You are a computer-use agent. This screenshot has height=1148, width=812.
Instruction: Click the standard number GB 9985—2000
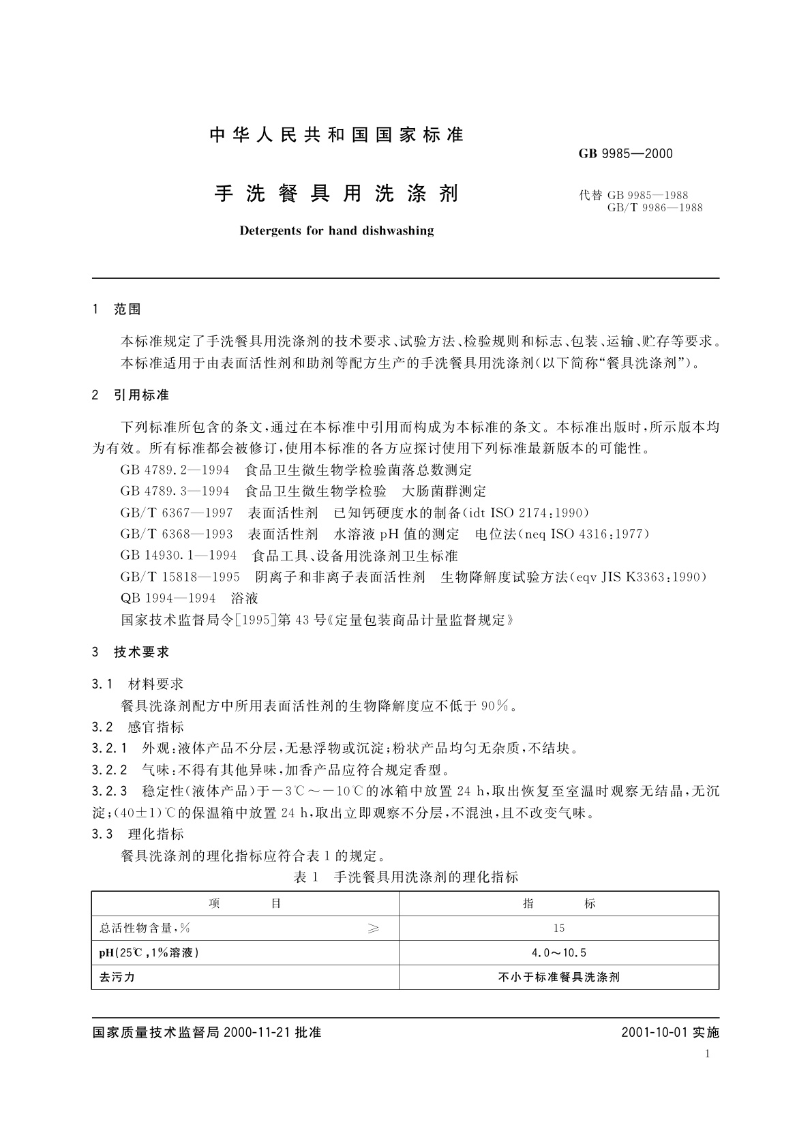pyautogui.click(x=625, y=153)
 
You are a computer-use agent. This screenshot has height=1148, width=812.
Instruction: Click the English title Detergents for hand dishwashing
pyautogui.click(x=337, y=230)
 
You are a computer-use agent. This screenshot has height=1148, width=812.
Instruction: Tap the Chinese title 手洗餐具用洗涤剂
pyautogui.click(x=337, y=194)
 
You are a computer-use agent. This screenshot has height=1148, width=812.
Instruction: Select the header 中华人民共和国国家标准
pyautogui.click(x=337, y=135)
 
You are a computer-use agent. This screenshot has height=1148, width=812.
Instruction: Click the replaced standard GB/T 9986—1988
pyautogui.click(x=655, y=207)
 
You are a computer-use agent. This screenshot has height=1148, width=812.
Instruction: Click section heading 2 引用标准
pyautogui.click(x=130, y=395)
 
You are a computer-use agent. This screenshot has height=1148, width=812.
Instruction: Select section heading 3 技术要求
pyautogui.click(x=130, y=652)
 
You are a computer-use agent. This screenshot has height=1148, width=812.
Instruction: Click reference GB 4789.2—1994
pyautogui.click(x=175, y=470)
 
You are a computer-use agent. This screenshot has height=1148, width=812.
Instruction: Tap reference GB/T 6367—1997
pyautogui.click(x=177, y=513)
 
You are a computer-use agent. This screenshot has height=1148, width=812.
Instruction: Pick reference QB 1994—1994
pyautogui.click(x=168, y=598)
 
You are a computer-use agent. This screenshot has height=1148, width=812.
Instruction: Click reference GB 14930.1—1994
pyautogui.click(x=178, y=556)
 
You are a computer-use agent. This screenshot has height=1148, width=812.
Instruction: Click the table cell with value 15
pyautogui.click(x=559, y=928)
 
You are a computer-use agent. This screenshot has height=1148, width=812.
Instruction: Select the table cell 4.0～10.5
pyautogui.click(x=559, y=952)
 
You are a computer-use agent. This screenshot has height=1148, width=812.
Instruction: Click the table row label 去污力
pyautogui.click(x=117, y=977)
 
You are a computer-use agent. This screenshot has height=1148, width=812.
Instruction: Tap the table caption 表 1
pyautogui.click(x=306, y=877)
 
